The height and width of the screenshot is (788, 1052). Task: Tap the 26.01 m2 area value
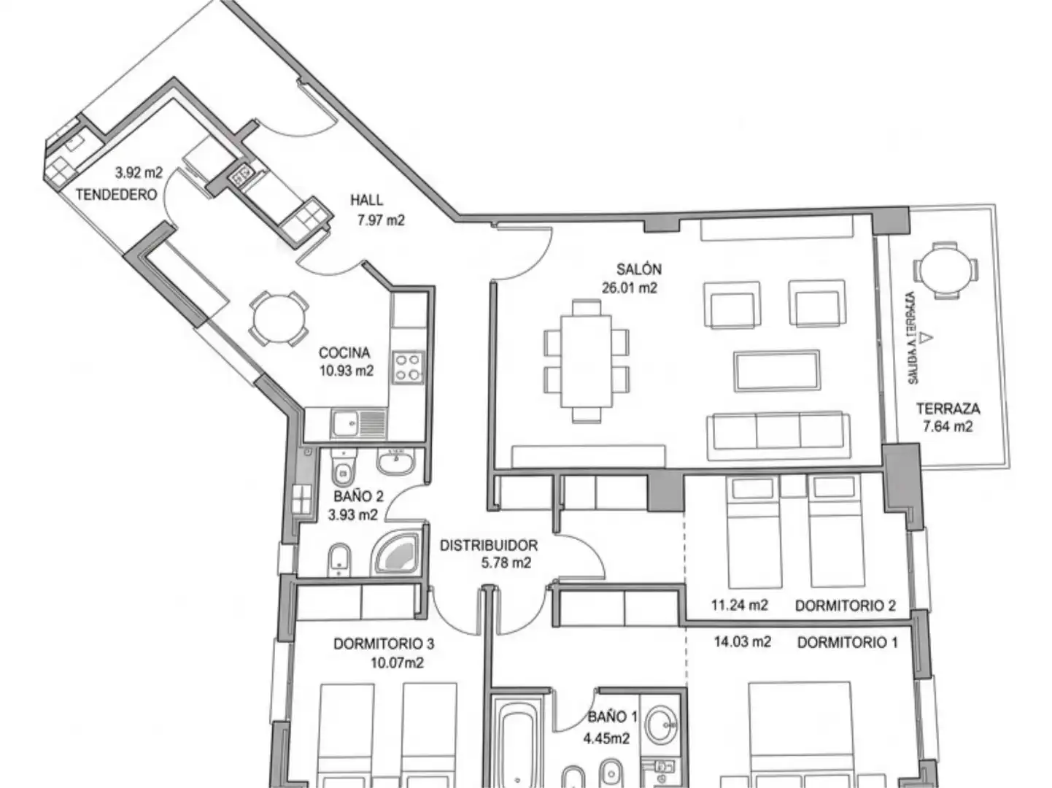(629, 288)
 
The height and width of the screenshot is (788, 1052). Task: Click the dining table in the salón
(586, 360)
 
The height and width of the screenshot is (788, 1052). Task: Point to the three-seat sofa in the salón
(778, 432)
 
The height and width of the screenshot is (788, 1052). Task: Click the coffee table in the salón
(777, 371)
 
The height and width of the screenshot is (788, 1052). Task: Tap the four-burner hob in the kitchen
(407, 368)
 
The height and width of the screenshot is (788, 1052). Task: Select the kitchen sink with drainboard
(357, 423)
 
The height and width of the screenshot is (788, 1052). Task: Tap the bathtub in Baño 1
(517, 744)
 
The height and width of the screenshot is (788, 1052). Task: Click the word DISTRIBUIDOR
(488, 545)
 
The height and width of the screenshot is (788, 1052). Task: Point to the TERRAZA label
(948, 409)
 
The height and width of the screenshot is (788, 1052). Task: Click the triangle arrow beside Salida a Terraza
(925, 337)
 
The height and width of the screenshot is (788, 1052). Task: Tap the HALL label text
(366, 200)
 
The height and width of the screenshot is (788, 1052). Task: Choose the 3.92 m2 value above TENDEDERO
(139, 174)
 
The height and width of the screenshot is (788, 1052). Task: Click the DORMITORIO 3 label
(384, 644)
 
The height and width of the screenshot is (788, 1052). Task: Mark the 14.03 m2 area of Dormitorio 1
(742, 642)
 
